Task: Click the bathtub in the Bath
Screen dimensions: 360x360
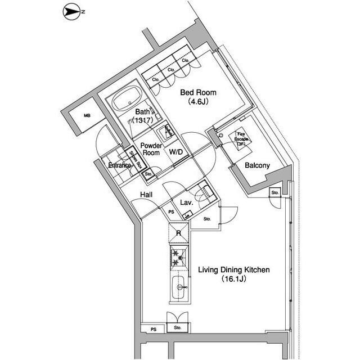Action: pyautogui.click(x=128, y=102)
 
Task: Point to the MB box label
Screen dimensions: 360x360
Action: pyautogui.click(x=87, y=116)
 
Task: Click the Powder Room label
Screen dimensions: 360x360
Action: pyautogui.click(x=151, y=149)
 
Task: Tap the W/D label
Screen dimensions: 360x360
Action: pyautogui.click(x=176, y=152)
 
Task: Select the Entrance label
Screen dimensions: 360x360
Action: pyautogui.click(x=120, y=165)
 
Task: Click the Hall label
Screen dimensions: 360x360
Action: pyautogui.click(x=147, y=195)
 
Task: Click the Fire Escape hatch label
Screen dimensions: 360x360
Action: pyautogui.click(x=241, y=138)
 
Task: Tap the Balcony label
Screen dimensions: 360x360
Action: pyautogui.click(x=258, y=165)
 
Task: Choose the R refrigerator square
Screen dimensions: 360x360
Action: pyautogui.click(x=178, y=233)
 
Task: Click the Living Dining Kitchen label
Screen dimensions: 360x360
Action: pyautogui.click(x=233, y=270)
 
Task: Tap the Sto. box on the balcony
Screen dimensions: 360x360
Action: pyautogui.click(x=275, y=193)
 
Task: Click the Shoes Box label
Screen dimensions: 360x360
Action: pyautogui.click(x=135, y=160)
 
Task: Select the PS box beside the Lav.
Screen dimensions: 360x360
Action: pyautogui.click(x=172, y=212)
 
